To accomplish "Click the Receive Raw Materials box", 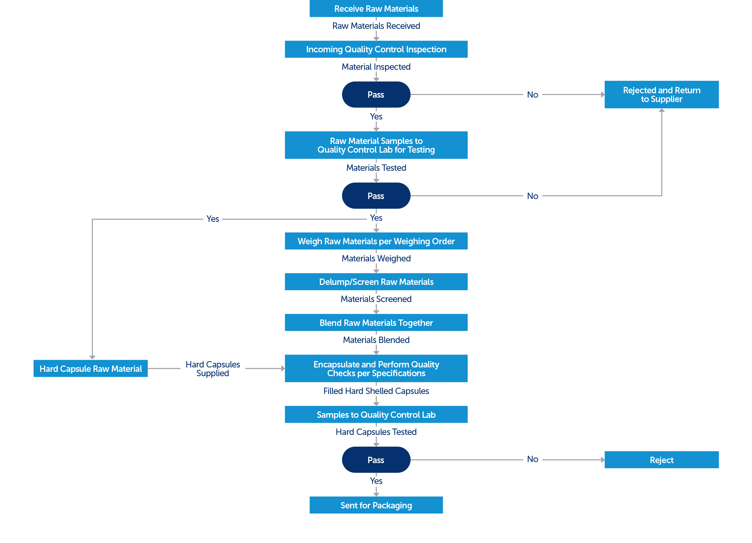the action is (x=376, y=8).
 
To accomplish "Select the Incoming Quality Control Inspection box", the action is (x=376, y=49).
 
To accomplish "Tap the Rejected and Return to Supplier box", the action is (x=661, y=95).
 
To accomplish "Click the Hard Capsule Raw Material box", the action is (x=91, y=368).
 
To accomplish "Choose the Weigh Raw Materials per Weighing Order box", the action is (x=376, y=241).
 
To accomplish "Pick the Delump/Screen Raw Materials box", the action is (x=376, y=282).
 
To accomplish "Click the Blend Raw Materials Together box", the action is (x=376, y=323).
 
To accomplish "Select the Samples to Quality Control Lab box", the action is (x=376, y=414).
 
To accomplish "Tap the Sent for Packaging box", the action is (x=376, y=505).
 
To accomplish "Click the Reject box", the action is (x=661, y=460).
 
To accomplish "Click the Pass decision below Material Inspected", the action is (x=376, y=95).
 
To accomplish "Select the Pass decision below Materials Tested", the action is (x=376, y=196).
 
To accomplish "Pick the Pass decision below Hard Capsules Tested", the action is (x=376, y=460).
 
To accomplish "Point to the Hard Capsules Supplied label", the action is (x=213, y=369).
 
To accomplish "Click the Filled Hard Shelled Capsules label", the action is (x=376, y=391).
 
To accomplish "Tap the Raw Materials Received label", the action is (x=376, y=26).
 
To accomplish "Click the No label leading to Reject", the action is (x=532, y=459).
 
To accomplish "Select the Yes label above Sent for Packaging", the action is (x=376, y=481).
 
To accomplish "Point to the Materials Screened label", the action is (x=376, y=299).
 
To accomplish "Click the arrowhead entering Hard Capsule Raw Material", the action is (x=92, y=357).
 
